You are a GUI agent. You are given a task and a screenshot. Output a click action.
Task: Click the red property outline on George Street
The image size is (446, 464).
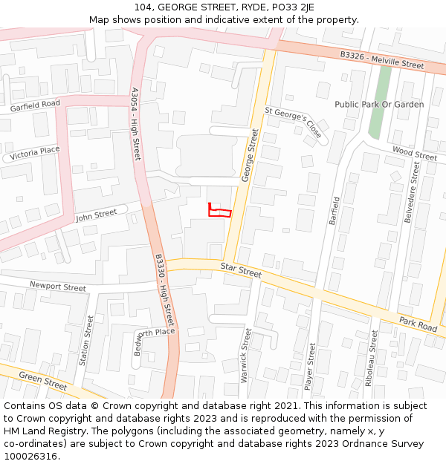[219, 212]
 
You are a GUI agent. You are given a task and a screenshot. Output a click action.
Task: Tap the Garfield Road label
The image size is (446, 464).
[35, 107]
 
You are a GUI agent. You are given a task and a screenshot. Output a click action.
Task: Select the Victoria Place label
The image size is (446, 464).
[35, 151]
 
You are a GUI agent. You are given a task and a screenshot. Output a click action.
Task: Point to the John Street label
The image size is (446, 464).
[96, 215]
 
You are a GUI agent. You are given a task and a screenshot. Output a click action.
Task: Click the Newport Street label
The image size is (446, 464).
[58, 287]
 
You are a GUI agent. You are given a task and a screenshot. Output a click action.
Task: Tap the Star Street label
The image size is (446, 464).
[241, 270]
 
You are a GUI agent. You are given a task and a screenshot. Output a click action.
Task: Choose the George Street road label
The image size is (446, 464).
[251, 155]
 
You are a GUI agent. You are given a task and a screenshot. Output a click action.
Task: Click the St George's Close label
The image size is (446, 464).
[294, 122]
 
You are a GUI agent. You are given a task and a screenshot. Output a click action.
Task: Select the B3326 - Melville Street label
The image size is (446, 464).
[382, 60]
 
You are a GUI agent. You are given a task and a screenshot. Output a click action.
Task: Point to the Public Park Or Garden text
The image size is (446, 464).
[379, 105]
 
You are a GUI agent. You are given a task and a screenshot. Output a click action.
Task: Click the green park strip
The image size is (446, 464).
[381, 104]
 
